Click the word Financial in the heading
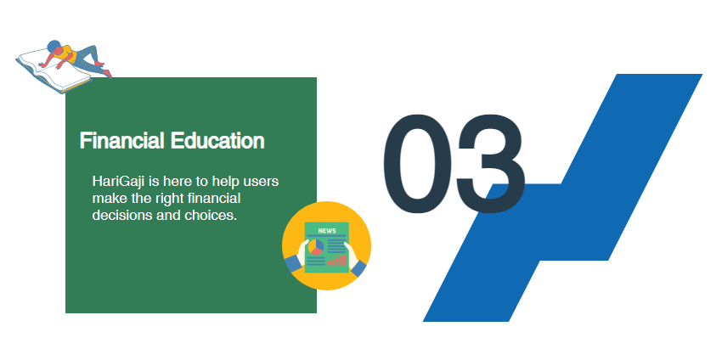(x=122, y=140)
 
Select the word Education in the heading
(x=217, y=140)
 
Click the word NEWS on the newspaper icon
(x=327, y=231)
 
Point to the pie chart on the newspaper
(x=316, y=247)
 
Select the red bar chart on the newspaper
(x=336, y=261)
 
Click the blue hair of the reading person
(x=54, y=46)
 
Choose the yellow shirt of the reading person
(x=67, y=53)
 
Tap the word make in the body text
(x=109, y=199)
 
